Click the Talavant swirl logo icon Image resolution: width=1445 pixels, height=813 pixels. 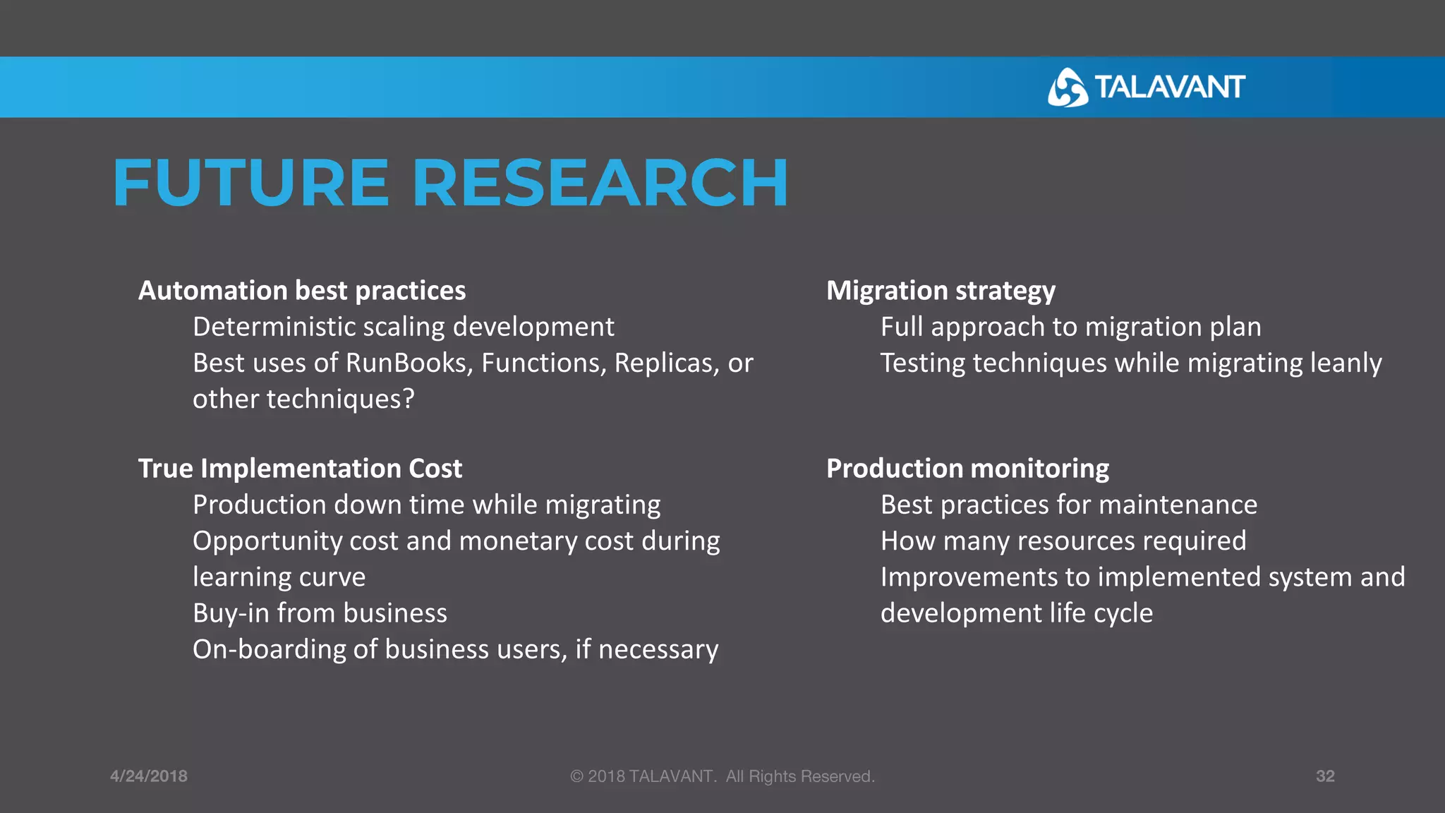1068,88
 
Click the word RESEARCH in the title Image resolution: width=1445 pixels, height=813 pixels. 600,183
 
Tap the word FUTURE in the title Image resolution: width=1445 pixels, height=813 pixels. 251,183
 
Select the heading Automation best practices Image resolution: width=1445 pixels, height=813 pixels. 302,291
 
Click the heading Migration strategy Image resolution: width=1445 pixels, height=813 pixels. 941,291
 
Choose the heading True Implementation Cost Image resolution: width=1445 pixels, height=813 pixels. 300,469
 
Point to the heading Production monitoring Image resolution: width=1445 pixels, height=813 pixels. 967,469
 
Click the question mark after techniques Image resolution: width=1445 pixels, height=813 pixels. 408,399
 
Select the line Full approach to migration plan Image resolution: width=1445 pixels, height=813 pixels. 1070,327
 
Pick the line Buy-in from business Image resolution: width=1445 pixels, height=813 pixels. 320,613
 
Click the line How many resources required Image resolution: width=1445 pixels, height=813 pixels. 1063,541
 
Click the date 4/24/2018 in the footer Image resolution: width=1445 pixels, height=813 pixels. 149,776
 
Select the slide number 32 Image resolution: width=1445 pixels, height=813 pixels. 1325,776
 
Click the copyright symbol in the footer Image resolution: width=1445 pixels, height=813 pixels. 576,776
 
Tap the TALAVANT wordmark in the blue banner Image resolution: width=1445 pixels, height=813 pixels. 1169,88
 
